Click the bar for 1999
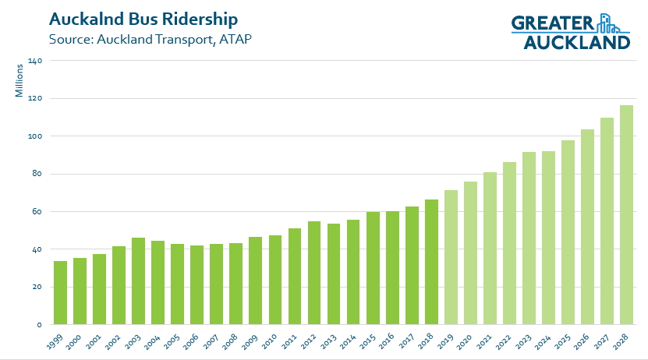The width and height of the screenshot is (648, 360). coord(60,293)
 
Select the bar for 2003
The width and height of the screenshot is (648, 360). coord(138,281)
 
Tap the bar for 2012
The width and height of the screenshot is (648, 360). coord(314,274)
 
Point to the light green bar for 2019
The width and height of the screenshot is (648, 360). coord(451,258)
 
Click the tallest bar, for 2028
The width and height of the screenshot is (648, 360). coord(627,215)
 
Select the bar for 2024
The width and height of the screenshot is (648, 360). coord(549,238)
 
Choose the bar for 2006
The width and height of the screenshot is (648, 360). coord(197,285)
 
